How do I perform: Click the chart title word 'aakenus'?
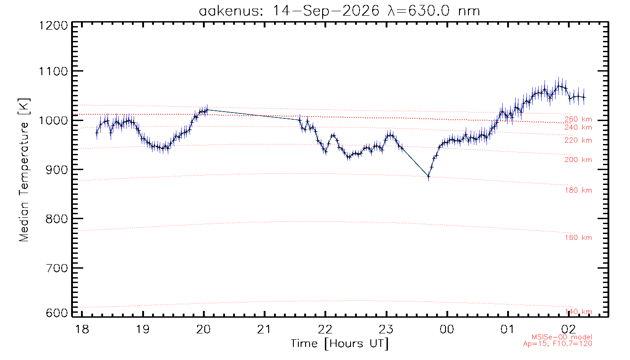click(x=230, y=11)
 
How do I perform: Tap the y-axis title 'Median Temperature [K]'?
click(x=24, y=170)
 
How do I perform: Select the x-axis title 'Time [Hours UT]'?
click(x=339, y=344)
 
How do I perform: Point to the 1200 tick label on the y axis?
click(x=53, y=26)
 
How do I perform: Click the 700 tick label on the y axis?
click(x=57, y=268)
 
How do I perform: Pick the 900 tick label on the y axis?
click(x=57, y=170)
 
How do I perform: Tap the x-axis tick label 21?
click(x=264, y=329)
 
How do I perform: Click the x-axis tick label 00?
click(x=447, y=329)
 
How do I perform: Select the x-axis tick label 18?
click(x=82, y=329)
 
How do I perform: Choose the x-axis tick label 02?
click(x=568, y=329)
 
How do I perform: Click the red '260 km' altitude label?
click(x=578, y=119)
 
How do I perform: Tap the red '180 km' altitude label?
click(x=578, y=190)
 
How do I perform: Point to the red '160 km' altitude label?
click(x=578, y=238)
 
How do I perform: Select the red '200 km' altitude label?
click(x=578, y=160)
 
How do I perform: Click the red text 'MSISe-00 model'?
click(x=562, y=337)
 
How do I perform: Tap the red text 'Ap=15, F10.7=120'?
click(x=558, y=343)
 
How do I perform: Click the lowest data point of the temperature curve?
click(x=428, y=176)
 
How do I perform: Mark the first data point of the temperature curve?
click(x=97, y=132)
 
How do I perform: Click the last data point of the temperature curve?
click(x=584, y=97)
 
